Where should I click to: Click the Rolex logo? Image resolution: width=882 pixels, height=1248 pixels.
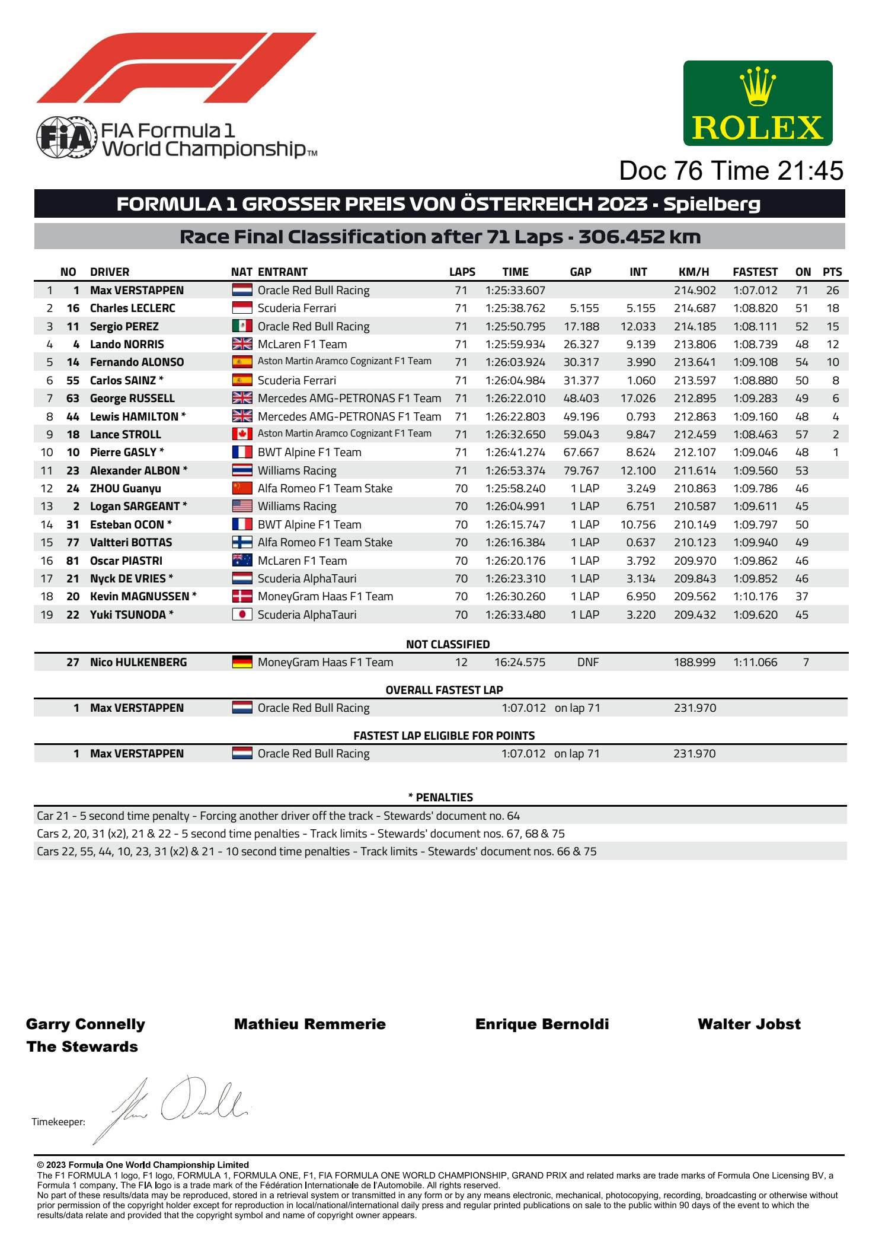tap(758, 103)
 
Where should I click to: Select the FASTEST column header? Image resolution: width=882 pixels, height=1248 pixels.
tap(755, 272)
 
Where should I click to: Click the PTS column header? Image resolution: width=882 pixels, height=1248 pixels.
tap(832, 272)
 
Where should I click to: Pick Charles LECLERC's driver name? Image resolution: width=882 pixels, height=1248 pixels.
tap(132, 308)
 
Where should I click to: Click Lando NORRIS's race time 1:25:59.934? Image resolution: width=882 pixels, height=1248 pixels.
tap(515, 344)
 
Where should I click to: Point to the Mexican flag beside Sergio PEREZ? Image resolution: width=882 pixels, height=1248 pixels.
tap(242, 326)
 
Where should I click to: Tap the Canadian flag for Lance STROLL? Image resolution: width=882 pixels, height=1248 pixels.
tap(242, 434)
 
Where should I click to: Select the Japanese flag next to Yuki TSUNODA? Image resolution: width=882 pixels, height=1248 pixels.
tap(242, 615)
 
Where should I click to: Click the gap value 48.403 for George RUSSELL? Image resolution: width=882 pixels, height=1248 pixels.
tap(581, 398)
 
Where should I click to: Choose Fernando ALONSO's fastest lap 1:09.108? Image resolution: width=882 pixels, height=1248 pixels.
tap(755, 362)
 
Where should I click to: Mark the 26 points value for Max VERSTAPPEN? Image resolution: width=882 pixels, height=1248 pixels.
tap(832, 290)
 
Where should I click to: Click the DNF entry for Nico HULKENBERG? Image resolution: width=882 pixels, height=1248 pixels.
tap(587, 662)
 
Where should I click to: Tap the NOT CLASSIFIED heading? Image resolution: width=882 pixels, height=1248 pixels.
tap(448, 644)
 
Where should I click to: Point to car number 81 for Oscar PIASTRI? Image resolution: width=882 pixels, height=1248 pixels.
tap(72, 561)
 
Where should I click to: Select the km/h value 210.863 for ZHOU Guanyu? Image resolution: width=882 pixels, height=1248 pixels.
tap(694, 488)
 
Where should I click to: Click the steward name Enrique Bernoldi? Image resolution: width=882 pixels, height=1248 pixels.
tap(542, 1024)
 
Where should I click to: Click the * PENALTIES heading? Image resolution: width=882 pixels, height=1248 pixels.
tap(440, 797)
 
